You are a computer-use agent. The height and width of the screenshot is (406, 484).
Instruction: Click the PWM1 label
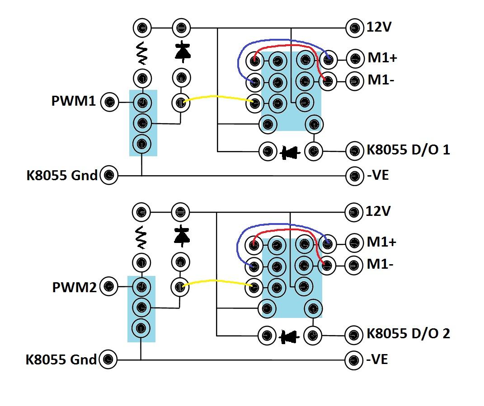(74, 101)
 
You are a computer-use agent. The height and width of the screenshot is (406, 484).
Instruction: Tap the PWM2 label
(75, 287)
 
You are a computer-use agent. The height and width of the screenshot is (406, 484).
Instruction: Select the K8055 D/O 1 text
(408, 149)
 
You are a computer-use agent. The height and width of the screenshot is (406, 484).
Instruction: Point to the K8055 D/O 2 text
(408, 333)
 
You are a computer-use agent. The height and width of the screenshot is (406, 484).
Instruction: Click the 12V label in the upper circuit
(379, 27)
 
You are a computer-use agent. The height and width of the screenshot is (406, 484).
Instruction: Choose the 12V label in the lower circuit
(378, 211)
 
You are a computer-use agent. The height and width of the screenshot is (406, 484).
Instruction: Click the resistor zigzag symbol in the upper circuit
(142, 53)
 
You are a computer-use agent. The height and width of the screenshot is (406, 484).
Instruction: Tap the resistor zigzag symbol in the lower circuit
(141, 237)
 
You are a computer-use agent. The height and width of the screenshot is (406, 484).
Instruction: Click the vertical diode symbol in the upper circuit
(183, 51)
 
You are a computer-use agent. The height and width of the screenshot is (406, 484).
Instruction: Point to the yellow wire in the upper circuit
(218, 97)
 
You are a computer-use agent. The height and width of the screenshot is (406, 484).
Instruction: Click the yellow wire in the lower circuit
(217, 281)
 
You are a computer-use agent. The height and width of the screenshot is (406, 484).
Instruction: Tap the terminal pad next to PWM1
(110, 102)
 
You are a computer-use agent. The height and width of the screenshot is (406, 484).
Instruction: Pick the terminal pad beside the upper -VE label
(354, 176)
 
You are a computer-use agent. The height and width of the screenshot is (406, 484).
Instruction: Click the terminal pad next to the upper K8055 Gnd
(109, 175)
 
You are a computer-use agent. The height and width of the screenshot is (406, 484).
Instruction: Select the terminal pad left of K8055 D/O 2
(353, 335)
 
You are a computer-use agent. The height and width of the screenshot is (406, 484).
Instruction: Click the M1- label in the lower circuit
(380, 264)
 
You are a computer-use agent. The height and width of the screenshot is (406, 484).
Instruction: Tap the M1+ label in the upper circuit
(382, 58)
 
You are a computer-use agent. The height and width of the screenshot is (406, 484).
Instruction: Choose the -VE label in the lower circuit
(377, 359)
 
